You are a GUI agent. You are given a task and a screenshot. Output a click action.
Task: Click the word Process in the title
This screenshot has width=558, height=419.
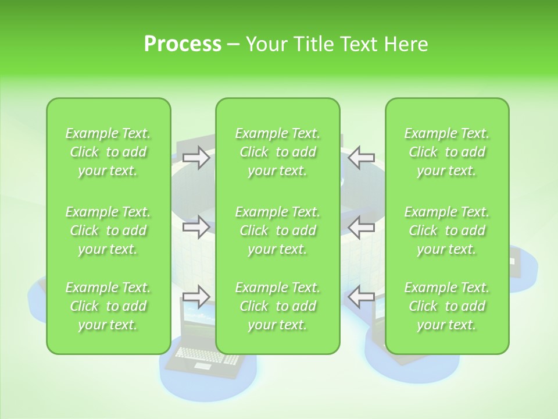coord(183,44)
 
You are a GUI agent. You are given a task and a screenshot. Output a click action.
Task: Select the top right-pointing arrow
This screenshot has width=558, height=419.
coord(196,157)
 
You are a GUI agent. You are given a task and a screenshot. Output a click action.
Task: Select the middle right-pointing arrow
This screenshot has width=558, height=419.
coord(196,227)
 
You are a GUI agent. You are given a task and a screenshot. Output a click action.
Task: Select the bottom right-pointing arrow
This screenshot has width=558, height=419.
coord(196,297)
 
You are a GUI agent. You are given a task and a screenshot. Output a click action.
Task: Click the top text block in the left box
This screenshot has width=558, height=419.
coord(108,152)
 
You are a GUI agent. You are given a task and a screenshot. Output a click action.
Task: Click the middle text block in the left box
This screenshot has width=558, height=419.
coord(108,230)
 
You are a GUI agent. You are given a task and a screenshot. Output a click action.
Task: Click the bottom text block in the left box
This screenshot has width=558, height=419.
coord(108,306)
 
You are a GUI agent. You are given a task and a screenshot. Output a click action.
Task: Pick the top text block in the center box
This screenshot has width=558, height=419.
coord(278,152)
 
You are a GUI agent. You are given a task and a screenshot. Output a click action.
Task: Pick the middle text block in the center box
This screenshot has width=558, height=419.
coord(278,230)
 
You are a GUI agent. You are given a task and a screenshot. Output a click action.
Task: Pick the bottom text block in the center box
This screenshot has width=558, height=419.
coord(278,306)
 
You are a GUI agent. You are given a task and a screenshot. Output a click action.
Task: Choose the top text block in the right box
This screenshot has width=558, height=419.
coord(447,152)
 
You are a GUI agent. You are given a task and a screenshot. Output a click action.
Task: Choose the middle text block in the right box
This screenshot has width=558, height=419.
coord(447,230)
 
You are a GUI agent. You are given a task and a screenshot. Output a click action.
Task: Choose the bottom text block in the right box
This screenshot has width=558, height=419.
coord(447,306)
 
